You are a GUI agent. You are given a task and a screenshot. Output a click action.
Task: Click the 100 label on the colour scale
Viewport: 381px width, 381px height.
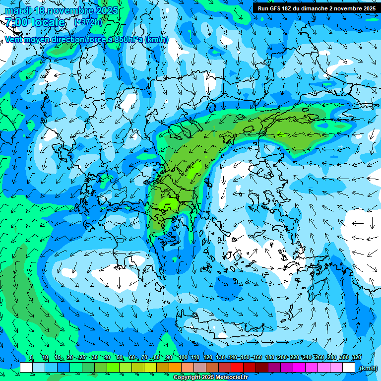pyautogui.click(x=183, y=357)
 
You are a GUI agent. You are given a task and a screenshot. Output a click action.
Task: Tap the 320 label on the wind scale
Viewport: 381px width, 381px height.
pyautogui.click(x=356, y=357)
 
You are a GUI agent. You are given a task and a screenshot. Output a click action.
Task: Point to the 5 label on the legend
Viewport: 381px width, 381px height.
pyautogui.click(x=31, y=357)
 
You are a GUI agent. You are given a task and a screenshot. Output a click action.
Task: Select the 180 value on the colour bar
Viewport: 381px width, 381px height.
pyautogui.click(x=270, y=357)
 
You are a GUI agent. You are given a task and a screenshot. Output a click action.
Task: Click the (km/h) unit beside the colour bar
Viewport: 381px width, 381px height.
pyautogui.click(x=368, y=368)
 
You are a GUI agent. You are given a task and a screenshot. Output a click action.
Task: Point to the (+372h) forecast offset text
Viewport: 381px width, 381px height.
pyautogui.click(x=88, y=22)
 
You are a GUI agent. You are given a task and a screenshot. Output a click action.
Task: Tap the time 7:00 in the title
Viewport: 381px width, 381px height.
pyautogui.click(x=14, y=22)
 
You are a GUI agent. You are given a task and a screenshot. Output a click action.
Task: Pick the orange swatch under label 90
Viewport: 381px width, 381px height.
pyautogui.click(x=175, y=368)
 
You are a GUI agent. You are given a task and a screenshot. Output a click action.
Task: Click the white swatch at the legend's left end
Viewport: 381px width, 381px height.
pyautogui.click(x=26, y=368)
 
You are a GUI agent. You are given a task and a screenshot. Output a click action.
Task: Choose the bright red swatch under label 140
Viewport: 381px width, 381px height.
pyautogui.click(x=237, y=368)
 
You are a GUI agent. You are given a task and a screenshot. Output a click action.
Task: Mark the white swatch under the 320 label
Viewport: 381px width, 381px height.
pyautogui.click(x=349, y=368)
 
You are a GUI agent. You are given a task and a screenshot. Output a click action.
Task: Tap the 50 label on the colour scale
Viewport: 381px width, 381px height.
pyautogui.click(x=120, y=357)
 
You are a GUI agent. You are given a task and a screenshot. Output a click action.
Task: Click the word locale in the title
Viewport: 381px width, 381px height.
pyautogui.click(x=48, y=22)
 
